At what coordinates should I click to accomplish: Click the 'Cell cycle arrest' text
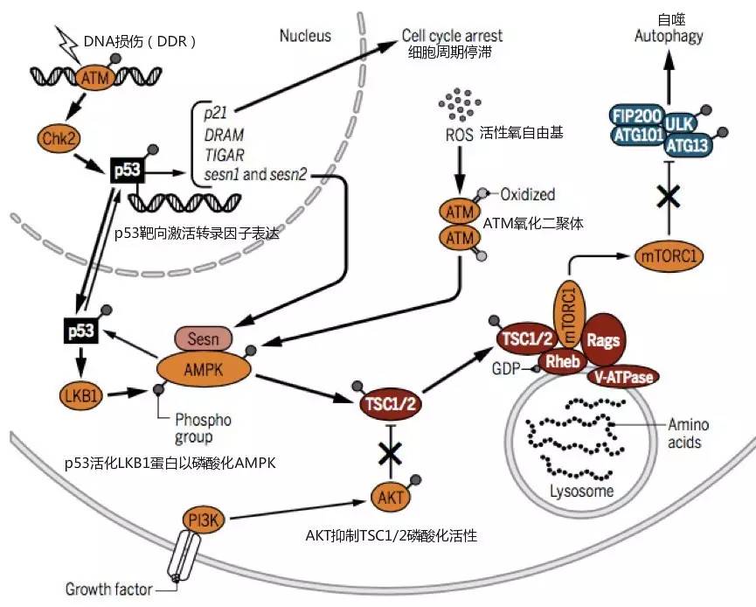point(452,36)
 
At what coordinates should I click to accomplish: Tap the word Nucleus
point(305,36)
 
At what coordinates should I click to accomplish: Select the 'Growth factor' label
point(108,588)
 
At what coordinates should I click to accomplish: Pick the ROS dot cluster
point(458,106)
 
